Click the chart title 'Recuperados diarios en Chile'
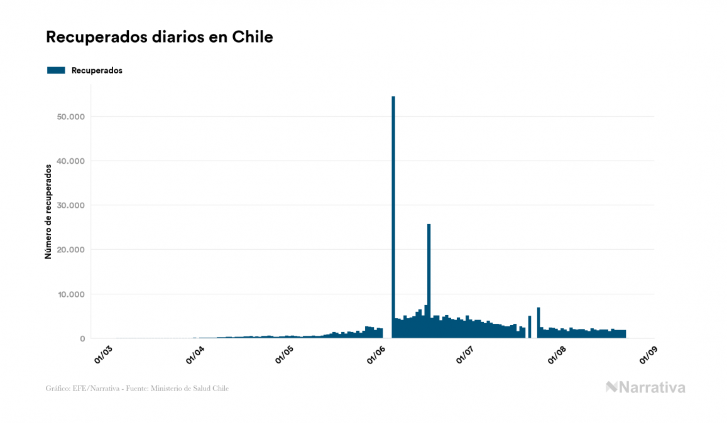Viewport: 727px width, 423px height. [159, 37]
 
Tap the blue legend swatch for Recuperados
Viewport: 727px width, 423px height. [56, 70]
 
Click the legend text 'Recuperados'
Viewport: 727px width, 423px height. [97, 70]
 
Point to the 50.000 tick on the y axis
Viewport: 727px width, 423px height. [70, 117]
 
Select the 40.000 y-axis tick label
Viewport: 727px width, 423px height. [70, 161]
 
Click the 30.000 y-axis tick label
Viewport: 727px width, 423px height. [70, 205]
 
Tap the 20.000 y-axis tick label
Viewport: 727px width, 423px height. [70, 250]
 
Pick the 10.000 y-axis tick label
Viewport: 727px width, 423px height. [70, 294]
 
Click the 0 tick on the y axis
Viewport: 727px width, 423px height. [82, 339]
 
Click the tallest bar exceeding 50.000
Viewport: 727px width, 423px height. [393, 217]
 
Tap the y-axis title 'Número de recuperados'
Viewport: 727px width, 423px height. [48, 211]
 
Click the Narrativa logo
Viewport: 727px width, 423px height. [645, 387]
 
